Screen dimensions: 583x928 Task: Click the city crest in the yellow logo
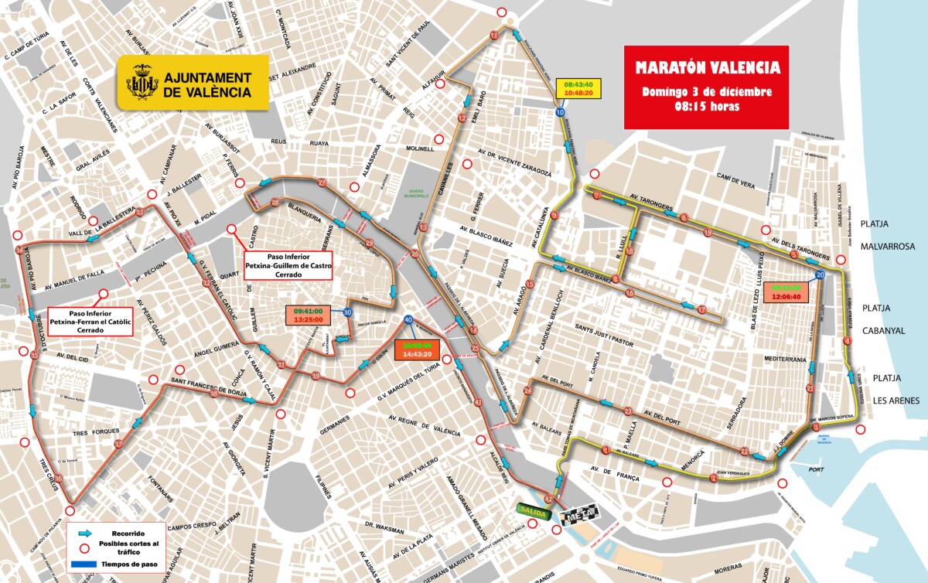tap(142, 82)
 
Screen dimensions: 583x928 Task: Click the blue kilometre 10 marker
tap(559, 113)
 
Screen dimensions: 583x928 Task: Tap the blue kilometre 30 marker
tap(347, 312)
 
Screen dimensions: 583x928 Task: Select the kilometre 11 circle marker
tap(494, 36)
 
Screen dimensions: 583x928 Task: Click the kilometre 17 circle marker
tap(702, 309)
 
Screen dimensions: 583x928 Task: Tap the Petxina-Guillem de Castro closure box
tap(288, 264)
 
